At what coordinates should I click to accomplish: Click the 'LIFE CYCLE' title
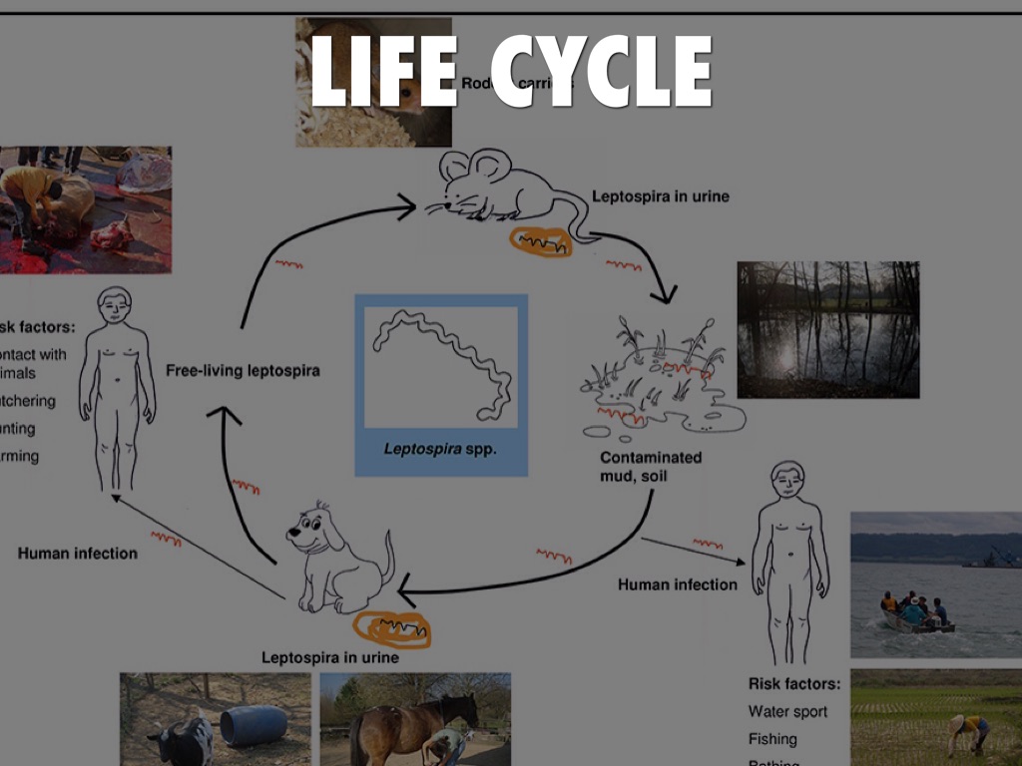[510, 71]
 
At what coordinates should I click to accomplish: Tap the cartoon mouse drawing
[499, 190]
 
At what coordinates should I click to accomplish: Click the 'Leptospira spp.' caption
[440, 449]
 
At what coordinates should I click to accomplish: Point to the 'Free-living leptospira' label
[243, 371]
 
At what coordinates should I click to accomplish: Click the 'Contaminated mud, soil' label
[650, 467]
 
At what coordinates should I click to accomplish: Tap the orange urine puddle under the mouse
[541, 241]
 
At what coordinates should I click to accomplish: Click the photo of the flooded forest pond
[827, 329]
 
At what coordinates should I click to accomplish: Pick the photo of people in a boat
[935, 584]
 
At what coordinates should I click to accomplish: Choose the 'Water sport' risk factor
[787, 711]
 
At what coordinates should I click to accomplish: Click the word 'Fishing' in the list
[772, 739]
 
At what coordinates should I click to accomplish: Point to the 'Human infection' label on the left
[78, 553]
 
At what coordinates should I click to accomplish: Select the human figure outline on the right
[788, 559]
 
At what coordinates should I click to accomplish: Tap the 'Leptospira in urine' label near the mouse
[660, 196]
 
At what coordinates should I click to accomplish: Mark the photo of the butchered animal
[85, 209]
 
